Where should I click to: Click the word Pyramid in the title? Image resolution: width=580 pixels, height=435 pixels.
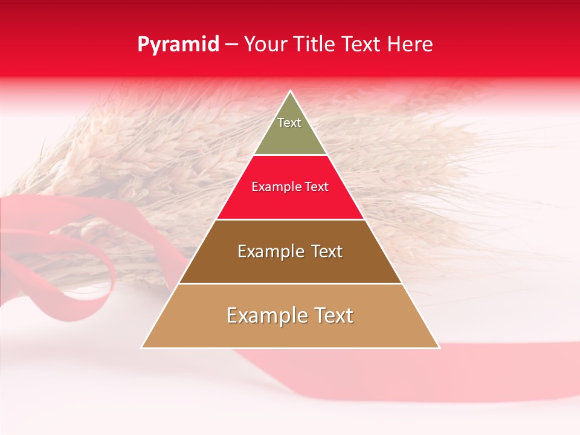pos(178,45)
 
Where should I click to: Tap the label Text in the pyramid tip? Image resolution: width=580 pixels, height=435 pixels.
pos(289,123)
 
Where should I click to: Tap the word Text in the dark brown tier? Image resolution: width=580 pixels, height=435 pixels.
pos(327,251)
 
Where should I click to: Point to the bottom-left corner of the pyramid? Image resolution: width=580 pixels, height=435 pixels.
pos(142,347)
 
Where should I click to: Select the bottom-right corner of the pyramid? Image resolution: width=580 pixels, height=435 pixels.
pos(439,347)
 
